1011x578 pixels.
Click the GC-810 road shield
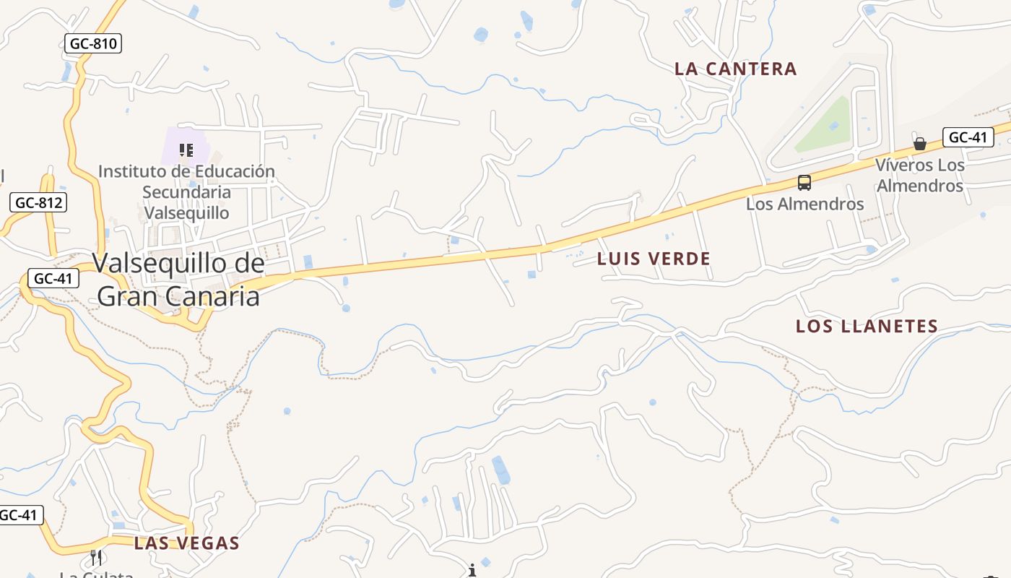[x=93, y=43]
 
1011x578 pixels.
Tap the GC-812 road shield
[x=39, y=203]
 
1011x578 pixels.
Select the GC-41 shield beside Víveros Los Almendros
[x=967, y=137]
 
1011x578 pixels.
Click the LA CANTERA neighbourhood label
[x=735, y=69]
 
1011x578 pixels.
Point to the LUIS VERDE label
[x=654, y=259]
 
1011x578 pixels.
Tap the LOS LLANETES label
[x=866, y=327]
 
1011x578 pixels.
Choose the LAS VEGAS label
[x=186, y=543]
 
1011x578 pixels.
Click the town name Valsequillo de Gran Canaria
[x=178, y=280]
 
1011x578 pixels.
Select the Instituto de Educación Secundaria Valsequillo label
[x=186, y=192]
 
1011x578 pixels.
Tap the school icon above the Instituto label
[x=186, y=150]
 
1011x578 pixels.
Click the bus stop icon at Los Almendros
[x=804, y=183]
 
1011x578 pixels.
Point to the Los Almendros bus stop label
[x=804, y=204]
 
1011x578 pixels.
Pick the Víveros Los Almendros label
[x=919, y=175]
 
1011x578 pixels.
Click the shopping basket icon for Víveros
[x=919, y=143]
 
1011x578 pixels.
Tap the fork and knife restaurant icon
[x=96, y=557]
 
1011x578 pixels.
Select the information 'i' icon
[x=472, y=571]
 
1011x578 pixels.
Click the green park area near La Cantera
[x=823, y=126]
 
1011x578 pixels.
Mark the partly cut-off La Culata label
[x=96, y=574]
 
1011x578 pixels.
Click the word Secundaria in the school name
[x=186, y=192]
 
